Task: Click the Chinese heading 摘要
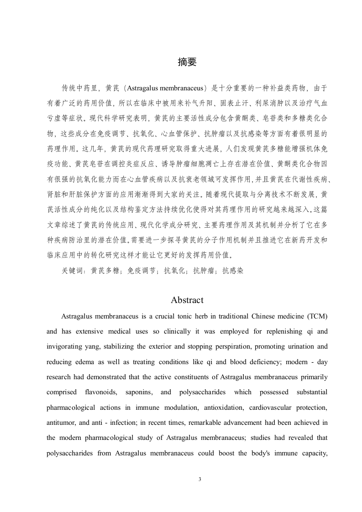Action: click(187, 63)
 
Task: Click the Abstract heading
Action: click(187, 300)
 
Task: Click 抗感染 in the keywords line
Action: click(233, 271)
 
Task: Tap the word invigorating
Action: click(66, 346)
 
